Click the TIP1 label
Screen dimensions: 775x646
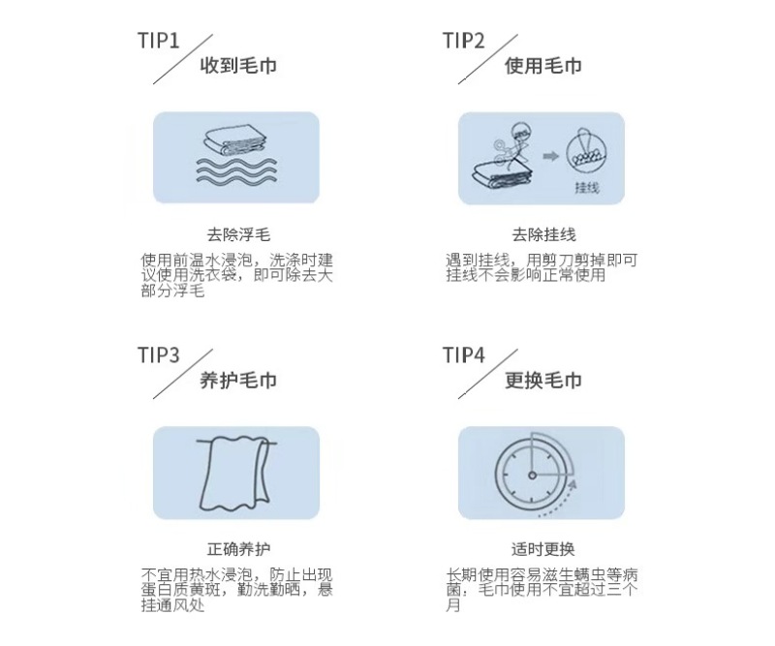pos(159,41)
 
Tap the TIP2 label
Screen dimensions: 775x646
pos(464,41)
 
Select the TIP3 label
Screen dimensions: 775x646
pos(159,354)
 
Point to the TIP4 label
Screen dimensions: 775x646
pos(464,354)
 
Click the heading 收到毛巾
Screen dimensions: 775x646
pos(238,65)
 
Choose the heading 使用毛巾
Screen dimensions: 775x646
pos(543,65)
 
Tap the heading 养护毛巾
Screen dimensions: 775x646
pos(238,380)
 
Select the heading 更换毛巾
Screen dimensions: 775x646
pos(543,380)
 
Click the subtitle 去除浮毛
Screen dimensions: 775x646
pos(238,234)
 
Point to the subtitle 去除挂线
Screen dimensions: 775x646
pos(543,234)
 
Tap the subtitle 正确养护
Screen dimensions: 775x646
pos(238,548)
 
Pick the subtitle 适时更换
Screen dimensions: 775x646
pos(543,548)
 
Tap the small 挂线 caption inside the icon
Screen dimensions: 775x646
pos(587,187)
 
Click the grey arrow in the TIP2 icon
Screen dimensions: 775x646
pos(550,156)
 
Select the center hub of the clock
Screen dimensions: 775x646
pos(532,476)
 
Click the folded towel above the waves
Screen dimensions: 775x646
pos(235,141)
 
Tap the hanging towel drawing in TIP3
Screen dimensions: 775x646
pos(235,473)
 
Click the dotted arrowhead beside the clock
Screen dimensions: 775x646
pos(572,484)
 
